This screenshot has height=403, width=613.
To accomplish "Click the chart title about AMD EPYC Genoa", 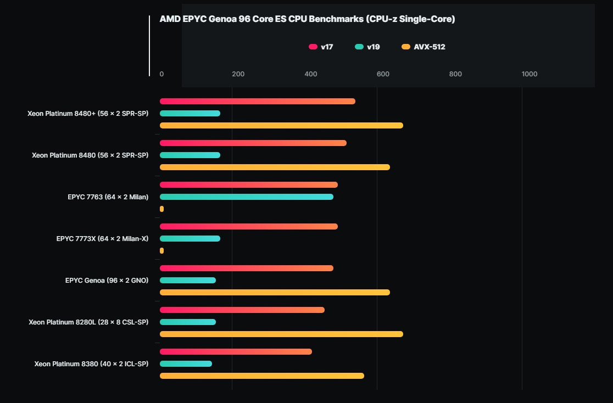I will (x=307, y=19).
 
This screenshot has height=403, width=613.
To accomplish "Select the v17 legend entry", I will (x=321, y=47).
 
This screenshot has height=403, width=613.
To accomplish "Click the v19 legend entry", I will (x=367, y=47).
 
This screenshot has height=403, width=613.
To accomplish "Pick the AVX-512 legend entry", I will (x=423, y=47).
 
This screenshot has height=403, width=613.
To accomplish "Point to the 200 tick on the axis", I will (x=238, y=74).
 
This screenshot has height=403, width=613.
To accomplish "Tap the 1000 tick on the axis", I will (x=530, y=74).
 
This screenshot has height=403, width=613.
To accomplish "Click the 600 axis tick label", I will (x=383, y=74).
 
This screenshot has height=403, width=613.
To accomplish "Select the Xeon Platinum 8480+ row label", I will (x=88, y=114).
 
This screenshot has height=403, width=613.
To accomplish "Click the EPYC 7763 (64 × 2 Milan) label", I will (x=108, y=197).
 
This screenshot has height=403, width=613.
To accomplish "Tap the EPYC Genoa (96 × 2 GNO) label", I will (x=107, y=281).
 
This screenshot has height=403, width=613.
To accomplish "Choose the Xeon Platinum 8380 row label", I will (x=91, y=364).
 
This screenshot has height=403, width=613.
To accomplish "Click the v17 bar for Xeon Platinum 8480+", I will (x=257, y=102).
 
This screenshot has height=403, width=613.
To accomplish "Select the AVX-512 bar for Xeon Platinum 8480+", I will (x=281, y=126).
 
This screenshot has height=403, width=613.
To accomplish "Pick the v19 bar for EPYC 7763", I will (x=246, y=197).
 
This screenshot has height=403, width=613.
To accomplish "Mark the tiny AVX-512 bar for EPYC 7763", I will (x=161, y=209).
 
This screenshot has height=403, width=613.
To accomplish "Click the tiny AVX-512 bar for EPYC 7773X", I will (x=161, y=251).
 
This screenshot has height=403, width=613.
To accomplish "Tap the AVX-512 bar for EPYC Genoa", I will (x=275, y=293).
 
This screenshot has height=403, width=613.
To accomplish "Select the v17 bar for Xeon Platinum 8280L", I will (x=242, y=310).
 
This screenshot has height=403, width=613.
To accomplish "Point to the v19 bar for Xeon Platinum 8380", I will (x=186, y=364).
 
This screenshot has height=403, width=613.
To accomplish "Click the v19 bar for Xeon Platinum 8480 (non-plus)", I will (x=190, y=155).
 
